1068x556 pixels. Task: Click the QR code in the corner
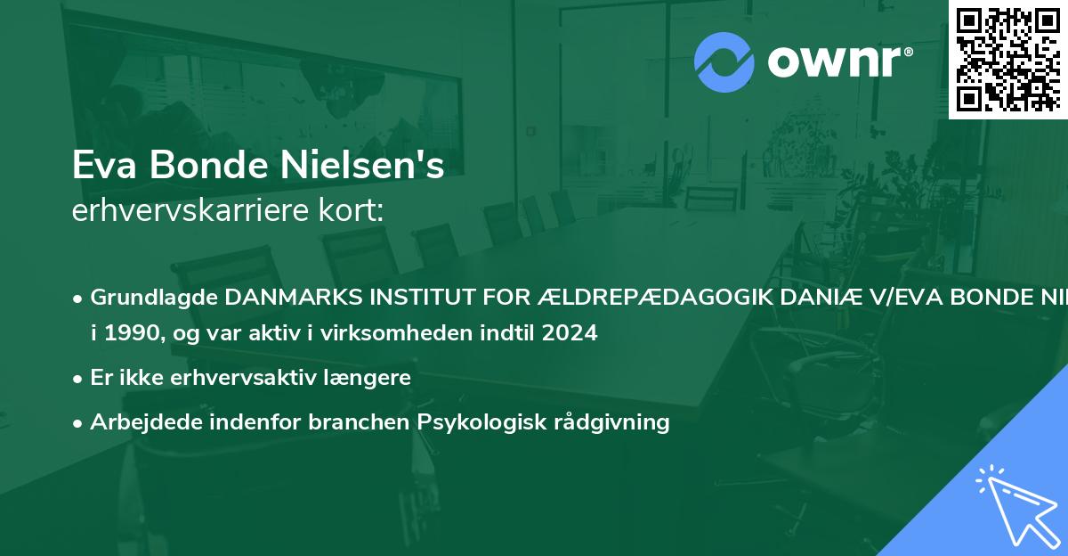(x=1007, y=59)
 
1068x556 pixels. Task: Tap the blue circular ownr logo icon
(x=724, y=62)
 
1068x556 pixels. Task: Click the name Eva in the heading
(x=100, y=166)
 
